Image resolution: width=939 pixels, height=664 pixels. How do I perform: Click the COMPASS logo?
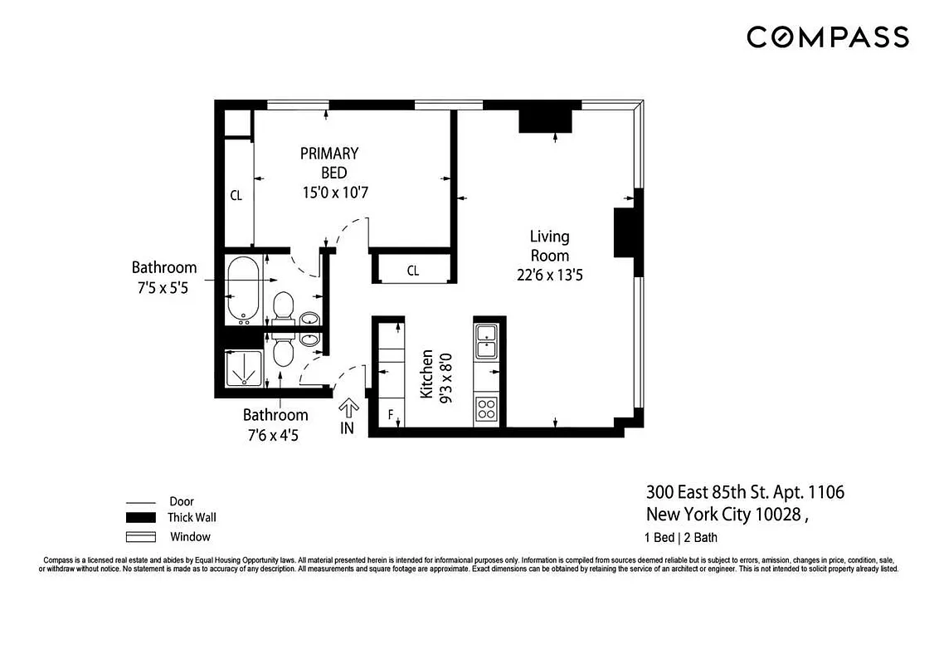pyautogui.click(x=827, y=37)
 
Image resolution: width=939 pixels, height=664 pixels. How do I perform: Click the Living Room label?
pyautogui.click(x=550, y=246)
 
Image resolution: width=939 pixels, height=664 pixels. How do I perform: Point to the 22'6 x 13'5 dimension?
pyautogui.click(x=550, y=275)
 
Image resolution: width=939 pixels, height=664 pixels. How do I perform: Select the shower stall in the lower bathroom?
pyautogui.click(x=246, y=370)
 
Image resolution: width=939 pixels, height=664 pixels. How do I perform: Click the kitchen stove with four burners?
pyautogui.click(x=485, y=408)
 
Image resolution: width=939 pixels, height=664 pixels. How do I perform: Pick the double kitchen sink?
pyautogui.click(x=485, y=340)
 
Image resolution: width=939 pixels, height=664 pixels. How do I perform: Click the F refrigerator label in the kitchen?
pyautogui.click(x=390, y=413)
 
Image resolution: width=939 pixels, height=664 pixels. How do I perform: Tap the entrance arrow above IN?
pyautogui.click(x=348, y=408)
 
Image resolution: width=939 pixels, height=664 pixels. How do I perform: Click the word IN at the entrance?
pyautogui.click(x=347, y=430)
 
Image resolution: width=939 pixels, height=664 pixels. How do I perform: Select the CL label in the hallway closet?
pyautogui.click(x=412, y=271)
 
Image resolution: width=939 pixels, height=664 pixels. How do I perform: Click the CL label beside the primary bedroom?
pyautogui.click(x=236, y=196)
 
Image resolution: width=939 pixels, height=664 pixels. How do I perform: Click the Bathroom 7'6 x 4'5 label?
pyautogui.click(x=275, y=424)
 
